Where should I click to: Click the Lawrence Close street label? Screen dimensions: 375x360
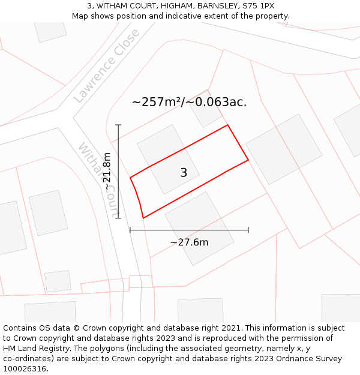pos(106,65)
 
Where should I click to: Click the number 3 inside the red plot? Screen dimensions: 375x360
pos(184,173)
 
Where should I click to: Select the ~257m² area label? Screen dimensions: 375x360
pos(189,102)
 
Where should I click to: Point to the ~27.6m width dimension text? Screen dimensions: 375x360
pos(189,242)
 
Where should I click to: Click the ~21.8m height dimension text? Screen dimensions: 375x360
pos(107,172)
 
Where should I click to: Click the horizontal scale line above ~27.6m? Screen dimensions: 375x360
pos(189,230)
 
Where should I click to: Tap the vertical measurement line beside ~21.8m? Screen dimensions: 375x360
pos(119,171)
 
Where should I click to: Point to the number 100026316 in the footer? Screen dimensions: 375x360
pos(24,369)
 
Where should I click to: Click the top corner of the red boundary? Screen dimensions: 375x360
pos(228,125)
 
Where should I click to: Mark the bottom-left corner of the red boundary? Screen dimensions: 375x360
pos(143,218)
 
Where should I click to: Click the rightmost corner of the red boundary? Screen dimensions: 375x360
pos(248,160)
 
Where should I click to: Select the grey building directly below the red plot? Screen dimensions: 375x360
pos(199,228)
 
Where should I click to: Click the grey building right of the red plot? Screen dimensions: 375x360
pos(284,149)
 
